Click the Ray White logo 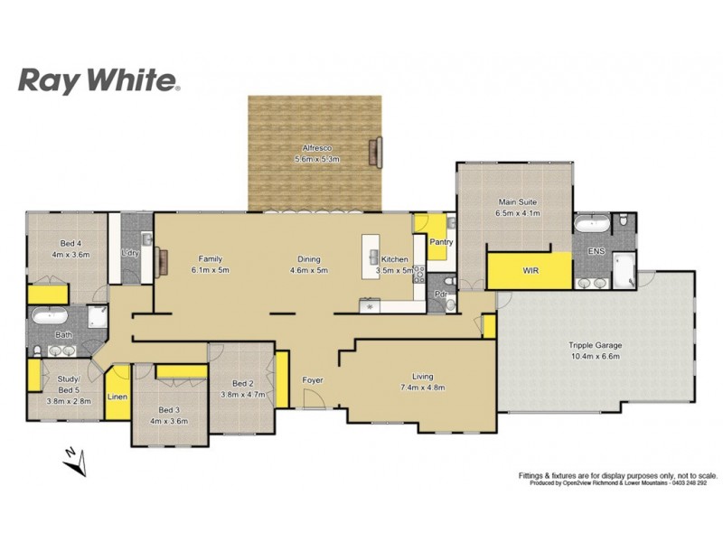click(x=99, y=81)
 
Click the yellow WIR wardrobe click(x=530, y=270)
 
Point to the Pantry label click(x=442, y=242)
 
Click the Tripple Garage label click(x=595, y=345)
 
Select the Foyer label click(x=313, y=380)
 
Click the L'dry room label click(x=130, y=253)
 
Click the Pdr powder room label click(x=441, y=294)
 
